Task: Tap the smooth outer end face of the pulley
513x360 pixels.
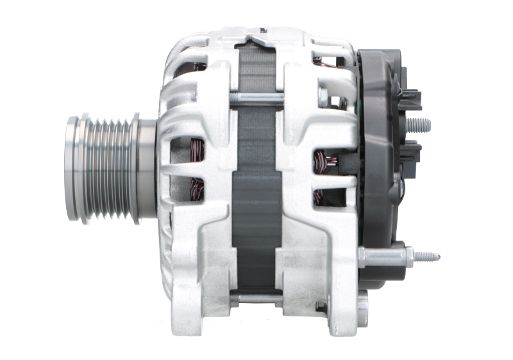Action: tap(72, 168)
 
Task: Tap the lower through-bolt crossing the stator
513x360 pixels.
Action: tap(256, 298)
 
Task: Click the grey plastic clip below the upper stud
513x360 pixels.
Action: tap(412, 151)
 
